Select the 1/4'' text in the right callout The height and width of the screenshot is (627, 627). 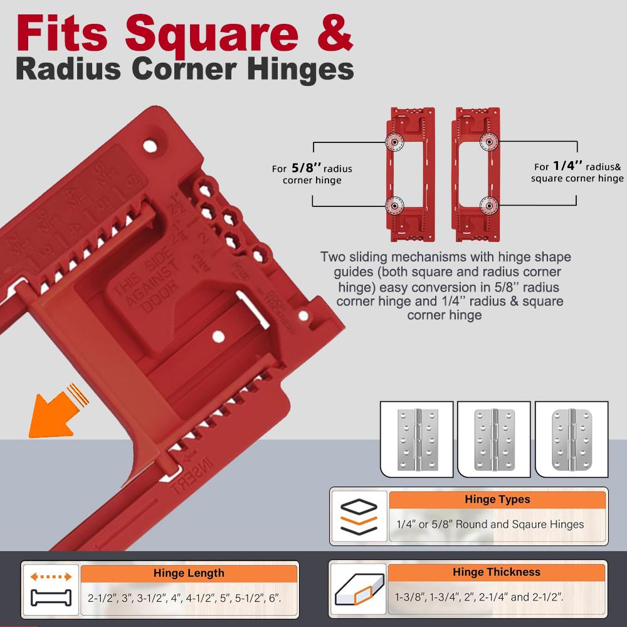568,167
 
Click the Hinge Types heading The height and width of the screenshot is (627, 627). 497,500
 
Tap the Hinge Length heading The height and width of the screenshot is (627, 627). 188,572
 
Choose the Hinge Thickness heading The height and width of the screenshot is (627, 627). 496,572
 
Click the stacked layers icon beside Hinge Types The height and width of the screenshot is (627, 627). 358,515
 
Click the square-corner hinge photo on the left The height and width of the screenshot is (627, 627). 417,439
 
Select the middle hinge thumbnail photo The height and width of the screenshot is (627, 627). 494,439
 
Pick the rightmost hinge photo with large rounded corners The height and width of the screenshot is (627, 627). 571,439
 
